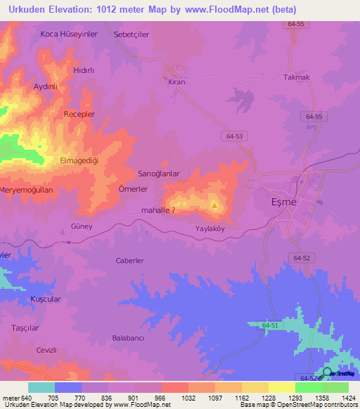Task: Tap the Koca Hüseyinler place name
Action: pyautogui.click(x=58, y=34)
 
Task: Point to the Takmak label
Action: pyautogui.click(x=296, y=77)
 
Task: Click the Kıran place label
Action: pyautogui.click(x=176, y=82)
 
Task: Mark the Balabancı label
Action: pyautogui.click(x=128, y=338)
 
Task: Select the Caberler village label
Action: pyautogui.click(x=129, y=261)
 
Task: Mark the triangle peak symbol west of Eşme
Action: pyautogui.click(x=214, y=206)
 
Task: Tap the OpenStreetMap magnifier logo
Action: pyautogui.click(x=328, y=372)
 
